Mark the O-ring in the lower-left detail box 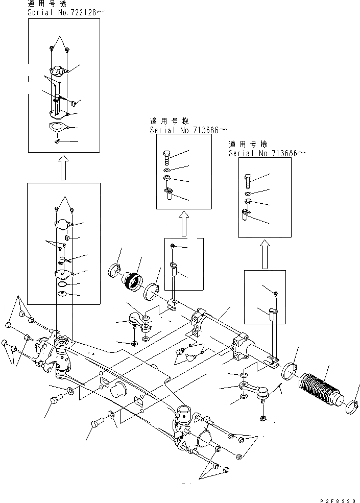(62, 284)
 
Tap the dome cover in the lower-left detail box (64, 224)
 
